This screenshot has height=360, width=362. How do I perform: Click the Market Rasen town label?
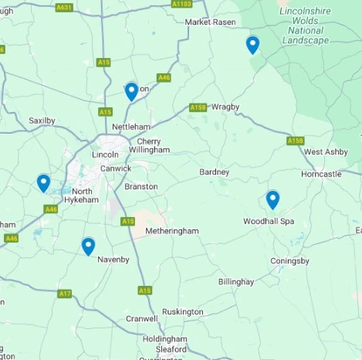(x=209, y=22)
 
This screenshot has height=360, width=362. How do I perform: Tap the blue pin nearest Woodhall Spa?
(x=272, y=199)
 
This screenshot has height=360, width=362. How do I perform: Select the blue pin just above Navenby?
(x=88, y=246)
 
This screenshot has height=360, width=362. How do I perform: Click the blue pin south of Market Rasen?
(x=252, y=45)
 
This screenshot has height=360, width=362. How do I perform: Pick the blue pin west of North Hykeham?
(x=43, y=182)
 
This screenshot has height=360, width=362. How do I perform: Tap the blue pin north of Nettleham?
(x=131, y=91)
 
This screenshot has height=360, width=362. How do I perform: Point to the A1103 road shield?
(x=181, y=4)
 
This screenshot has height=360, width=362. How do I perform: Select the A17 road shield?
(x=65, y=294)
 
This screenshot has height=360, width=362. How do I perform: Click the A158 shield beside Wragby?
(x=198, y=107)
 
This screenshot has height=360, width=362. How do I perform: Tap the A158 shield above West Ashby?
(x=295, y=141)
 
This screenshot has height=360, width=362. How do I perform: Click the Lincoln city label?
(x=105, y=155)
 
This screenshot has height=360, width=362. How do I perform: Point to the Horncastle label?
(x=321, y=175)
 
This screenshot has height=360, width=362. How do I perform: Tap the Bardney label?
(x=215, y=172)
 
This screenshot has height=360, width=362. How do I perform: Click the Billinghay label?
(x=236, y=282)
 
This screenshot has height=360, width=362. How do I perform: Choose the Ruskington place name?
(x=184, y=311)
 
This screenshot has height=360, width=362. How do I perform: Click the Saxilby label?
(x=42, y=121)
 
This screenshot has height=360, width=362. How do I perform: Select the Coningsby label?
(x=290, y=260)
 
